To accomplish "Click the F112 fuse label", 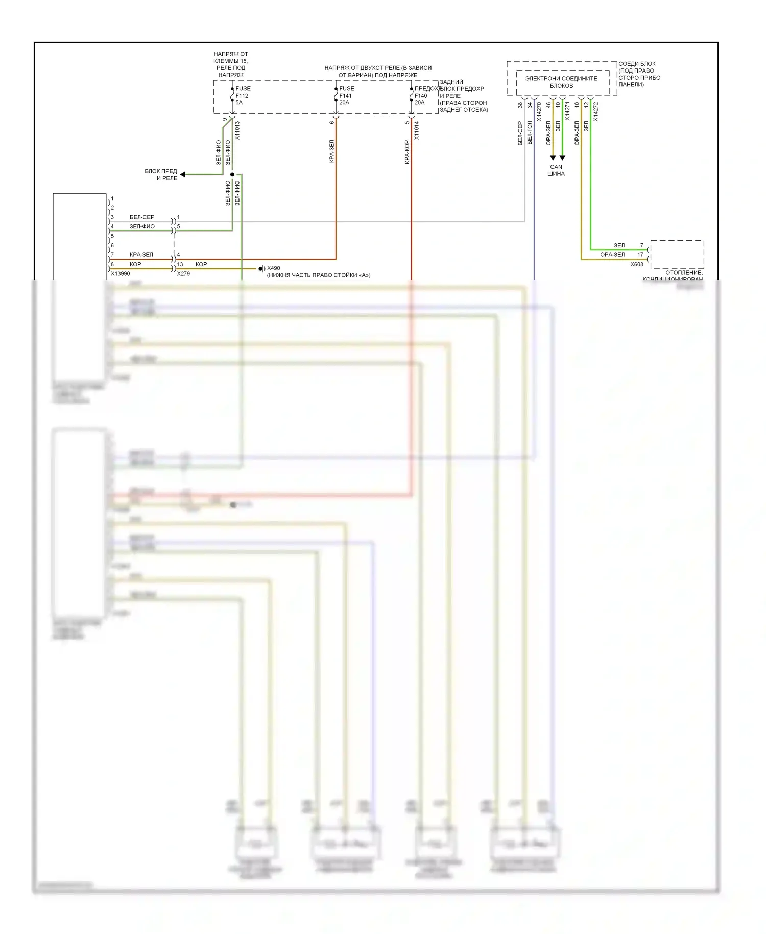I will (242, 96).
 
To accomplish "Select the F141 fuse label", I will (346, 96).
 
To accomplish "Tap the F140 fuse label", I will (421, 96).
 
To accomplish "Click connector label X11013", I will (237, 131).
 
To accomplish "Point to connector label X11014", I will (417, 131).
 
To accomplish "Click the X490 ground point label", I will (273, 268).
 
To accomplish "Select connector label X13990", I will (121, 274).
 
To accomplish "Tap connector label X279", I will (183, 274).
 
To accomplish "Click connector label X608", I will (637, 265).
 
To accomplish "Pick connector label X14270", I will (539, 111).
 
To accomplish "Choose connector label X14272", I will (596, 111).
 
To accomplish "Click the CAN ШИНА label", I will (556, 170).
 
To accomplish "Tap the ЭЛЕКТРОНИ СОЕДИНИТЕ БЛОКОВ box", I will (561, 82).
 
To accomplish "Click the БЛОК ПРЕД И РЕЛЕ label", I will (161, 175).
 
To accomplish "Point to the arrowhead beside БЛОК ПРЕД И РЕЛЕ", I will (182, 175).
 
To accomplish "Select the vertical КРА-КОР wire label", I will (407, 152).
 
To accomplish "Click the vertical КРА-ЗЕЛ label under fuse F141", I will (332, 151).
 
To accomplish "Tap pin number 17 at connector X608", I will (640, 255).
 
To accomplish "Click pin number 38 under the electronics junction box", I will (520, 105).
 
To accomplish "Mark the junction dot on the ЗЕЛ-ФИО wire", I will (232, 175).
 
